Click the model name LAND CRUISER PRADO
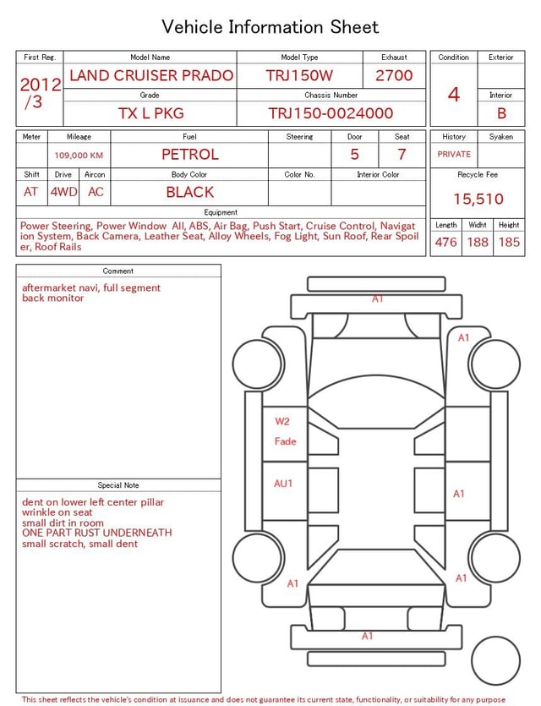coord(150,75)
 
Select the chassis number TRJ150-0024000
coord(331,113)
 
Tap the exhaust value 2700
coord(394,75)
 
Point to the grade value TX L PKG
coord(150,113)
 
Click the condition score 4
coord(454,95)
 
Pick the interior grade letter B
coord(501,113)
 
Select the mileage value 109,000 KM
coord(79,156)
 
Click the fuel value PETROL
coord(190,155)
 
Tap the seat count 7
coord(402,155)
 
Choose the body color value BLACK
coord(190,192)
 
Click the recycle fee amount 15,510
coord(478,200)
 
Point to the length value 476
coord(445,242)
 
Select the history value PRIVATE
coord(454,155)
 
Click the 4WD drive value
coord(63,192)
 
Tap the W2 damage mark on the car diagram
coord(282,421)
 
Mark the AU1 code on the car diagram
coord(283,484)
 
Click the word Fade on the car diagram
coord(285,441)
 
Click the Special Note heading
coord(118,485)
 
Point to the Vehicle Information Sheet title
coord(270,27)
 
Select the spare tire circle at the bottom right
coord(495,660)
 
